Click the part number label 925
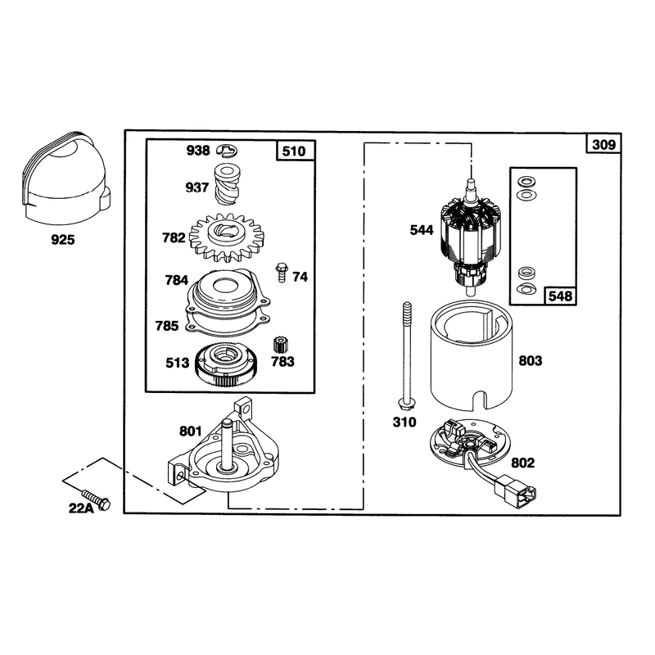[63, 240]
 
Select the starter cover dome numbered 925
[65, 175]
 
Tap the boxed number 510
[294, 151]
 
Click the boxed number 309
[603, 145]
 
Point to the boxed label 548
[560, 296]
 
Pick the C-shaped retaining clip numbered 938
[228, 151]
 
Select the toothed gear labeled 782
[227, 237]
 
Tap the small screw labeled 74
[282, 273]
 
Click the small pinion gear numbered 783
[280, 346]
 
